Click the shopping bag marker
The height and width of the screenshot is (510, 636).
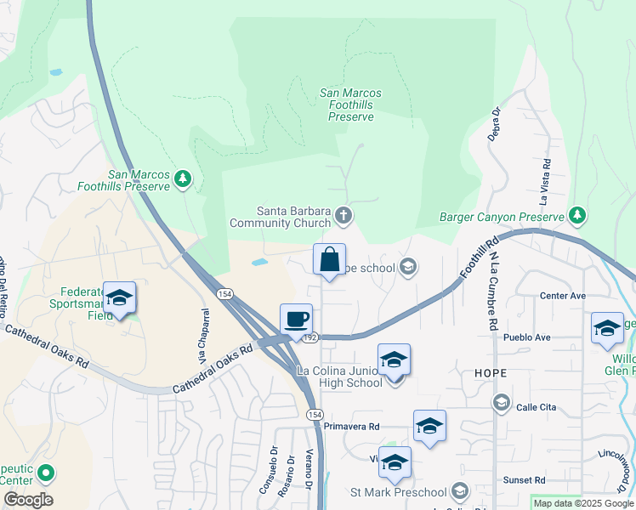pyautogui.click(x=329, y=260)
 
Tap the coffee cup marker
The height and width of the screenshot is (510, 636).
pyautogui.click(x=296, y=320)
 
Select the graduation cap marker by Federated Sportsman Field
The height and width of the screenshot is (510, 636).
pyautogui.click(x=119, y=297)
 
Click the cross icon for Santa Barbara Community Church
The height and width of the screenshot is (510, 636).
pyautogui.click(x=344, y=215)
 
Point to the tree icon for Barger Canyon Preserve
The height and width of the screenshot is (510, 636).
pyautogui.click(x=577, y=214)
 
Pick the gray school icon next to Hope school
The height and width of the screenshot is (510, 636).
pyautogui.click(x=408, y=268)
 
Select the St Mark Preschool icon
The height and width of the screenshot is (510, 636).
pyautogui.click(x=460, y=491)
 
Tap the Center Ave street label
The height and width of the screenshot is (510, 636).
pyautogui.click(x=563, y=296)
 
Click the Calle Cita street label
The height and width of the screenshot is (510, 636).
pyautogui.click(x=537, y=407)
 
